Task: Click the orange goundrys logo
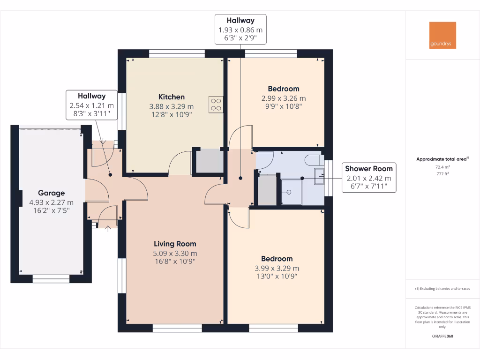point(442,35)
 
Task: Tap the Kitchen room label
point(171,97)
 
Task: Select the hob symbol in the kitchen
point(216,104)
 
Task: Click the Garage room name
point(51,193)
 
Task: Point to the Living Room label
point(175,244)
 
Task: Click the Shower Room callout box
point(368,178)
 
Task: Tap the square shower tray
point(290,192)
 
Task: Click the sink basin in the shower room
point(319,177)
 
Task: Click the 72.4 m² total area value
point(442,167)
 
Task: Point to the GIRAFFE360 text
point(442,336)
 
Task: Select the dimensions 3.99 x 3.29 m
point(277,268)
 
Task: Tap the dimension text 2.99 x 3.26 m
point(283,98)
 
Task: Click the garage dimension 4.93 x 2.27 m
point(51,202)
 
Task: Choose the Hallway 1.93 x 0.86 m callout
point(240,29)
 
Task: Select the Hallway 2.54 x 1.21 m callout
point(91,105)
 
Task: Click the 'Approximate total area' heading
point(442,159)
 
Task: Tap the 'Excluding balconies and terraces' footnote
point(442,289)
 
